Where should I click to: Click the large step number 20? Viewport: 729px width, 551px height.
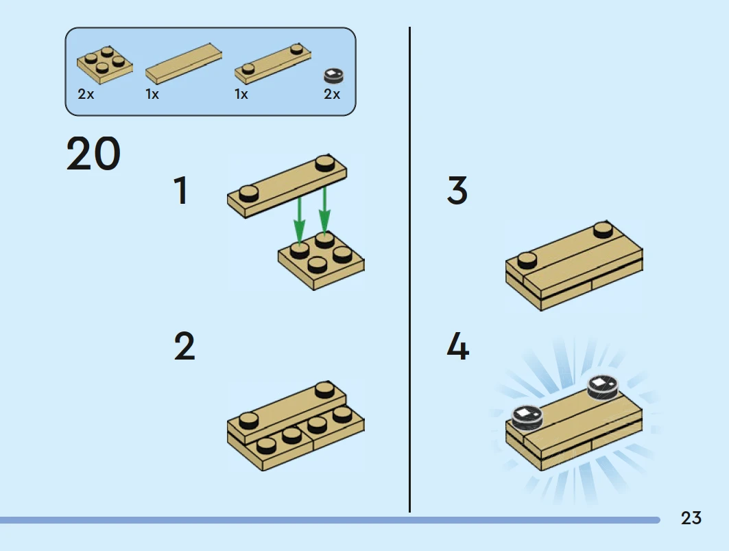tap(93, 153)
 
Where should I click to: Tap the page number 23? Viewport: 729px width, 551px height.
tap(691, 518)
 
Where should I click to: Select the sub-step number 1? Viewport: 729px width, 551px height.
tap(181, 190)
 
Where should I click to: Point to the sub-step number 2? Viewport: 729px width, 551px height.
tap(184, 347)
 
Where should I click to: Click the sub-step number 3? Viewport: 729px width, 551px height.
tap(457, 190)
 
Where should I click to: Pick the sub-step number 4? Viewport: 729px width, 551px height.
tap(458, 347)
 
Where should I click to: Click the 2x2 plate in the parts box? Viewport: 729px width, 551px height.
tap(105, 65)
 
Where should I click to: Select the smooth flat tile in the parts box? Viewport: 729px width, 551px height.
tap(184, 64)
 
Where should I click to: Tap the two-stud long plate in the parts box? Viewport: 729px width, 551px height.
tap(273, 64)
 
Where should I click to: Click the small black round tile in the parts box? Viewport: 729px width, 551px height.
tap(333, 76)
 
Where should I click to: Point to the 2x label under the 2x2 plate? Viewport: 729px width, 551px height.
tap(86, 95)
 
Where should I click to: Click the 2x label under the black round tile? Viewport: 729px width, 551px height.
tap(332, 95)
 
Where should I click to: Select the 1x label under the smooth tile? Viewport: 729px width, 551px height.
tap(152, 95)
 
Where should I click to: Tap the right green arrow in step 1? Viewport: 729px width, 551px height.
tap(324, 210)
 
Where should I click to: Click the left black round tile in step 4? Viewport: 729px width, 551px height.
tap(527, 417)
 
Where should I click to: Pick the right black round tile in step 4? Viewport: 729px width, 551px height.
tap(603, 388)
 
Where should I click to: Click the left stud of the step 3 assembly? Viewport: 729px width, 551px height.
tap(527, 259)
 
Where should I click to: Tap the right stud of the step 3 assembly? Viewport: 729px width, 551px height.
tap(603, 229)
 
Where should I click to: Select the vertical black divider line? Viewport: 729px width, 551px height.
tap(409, 270)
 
